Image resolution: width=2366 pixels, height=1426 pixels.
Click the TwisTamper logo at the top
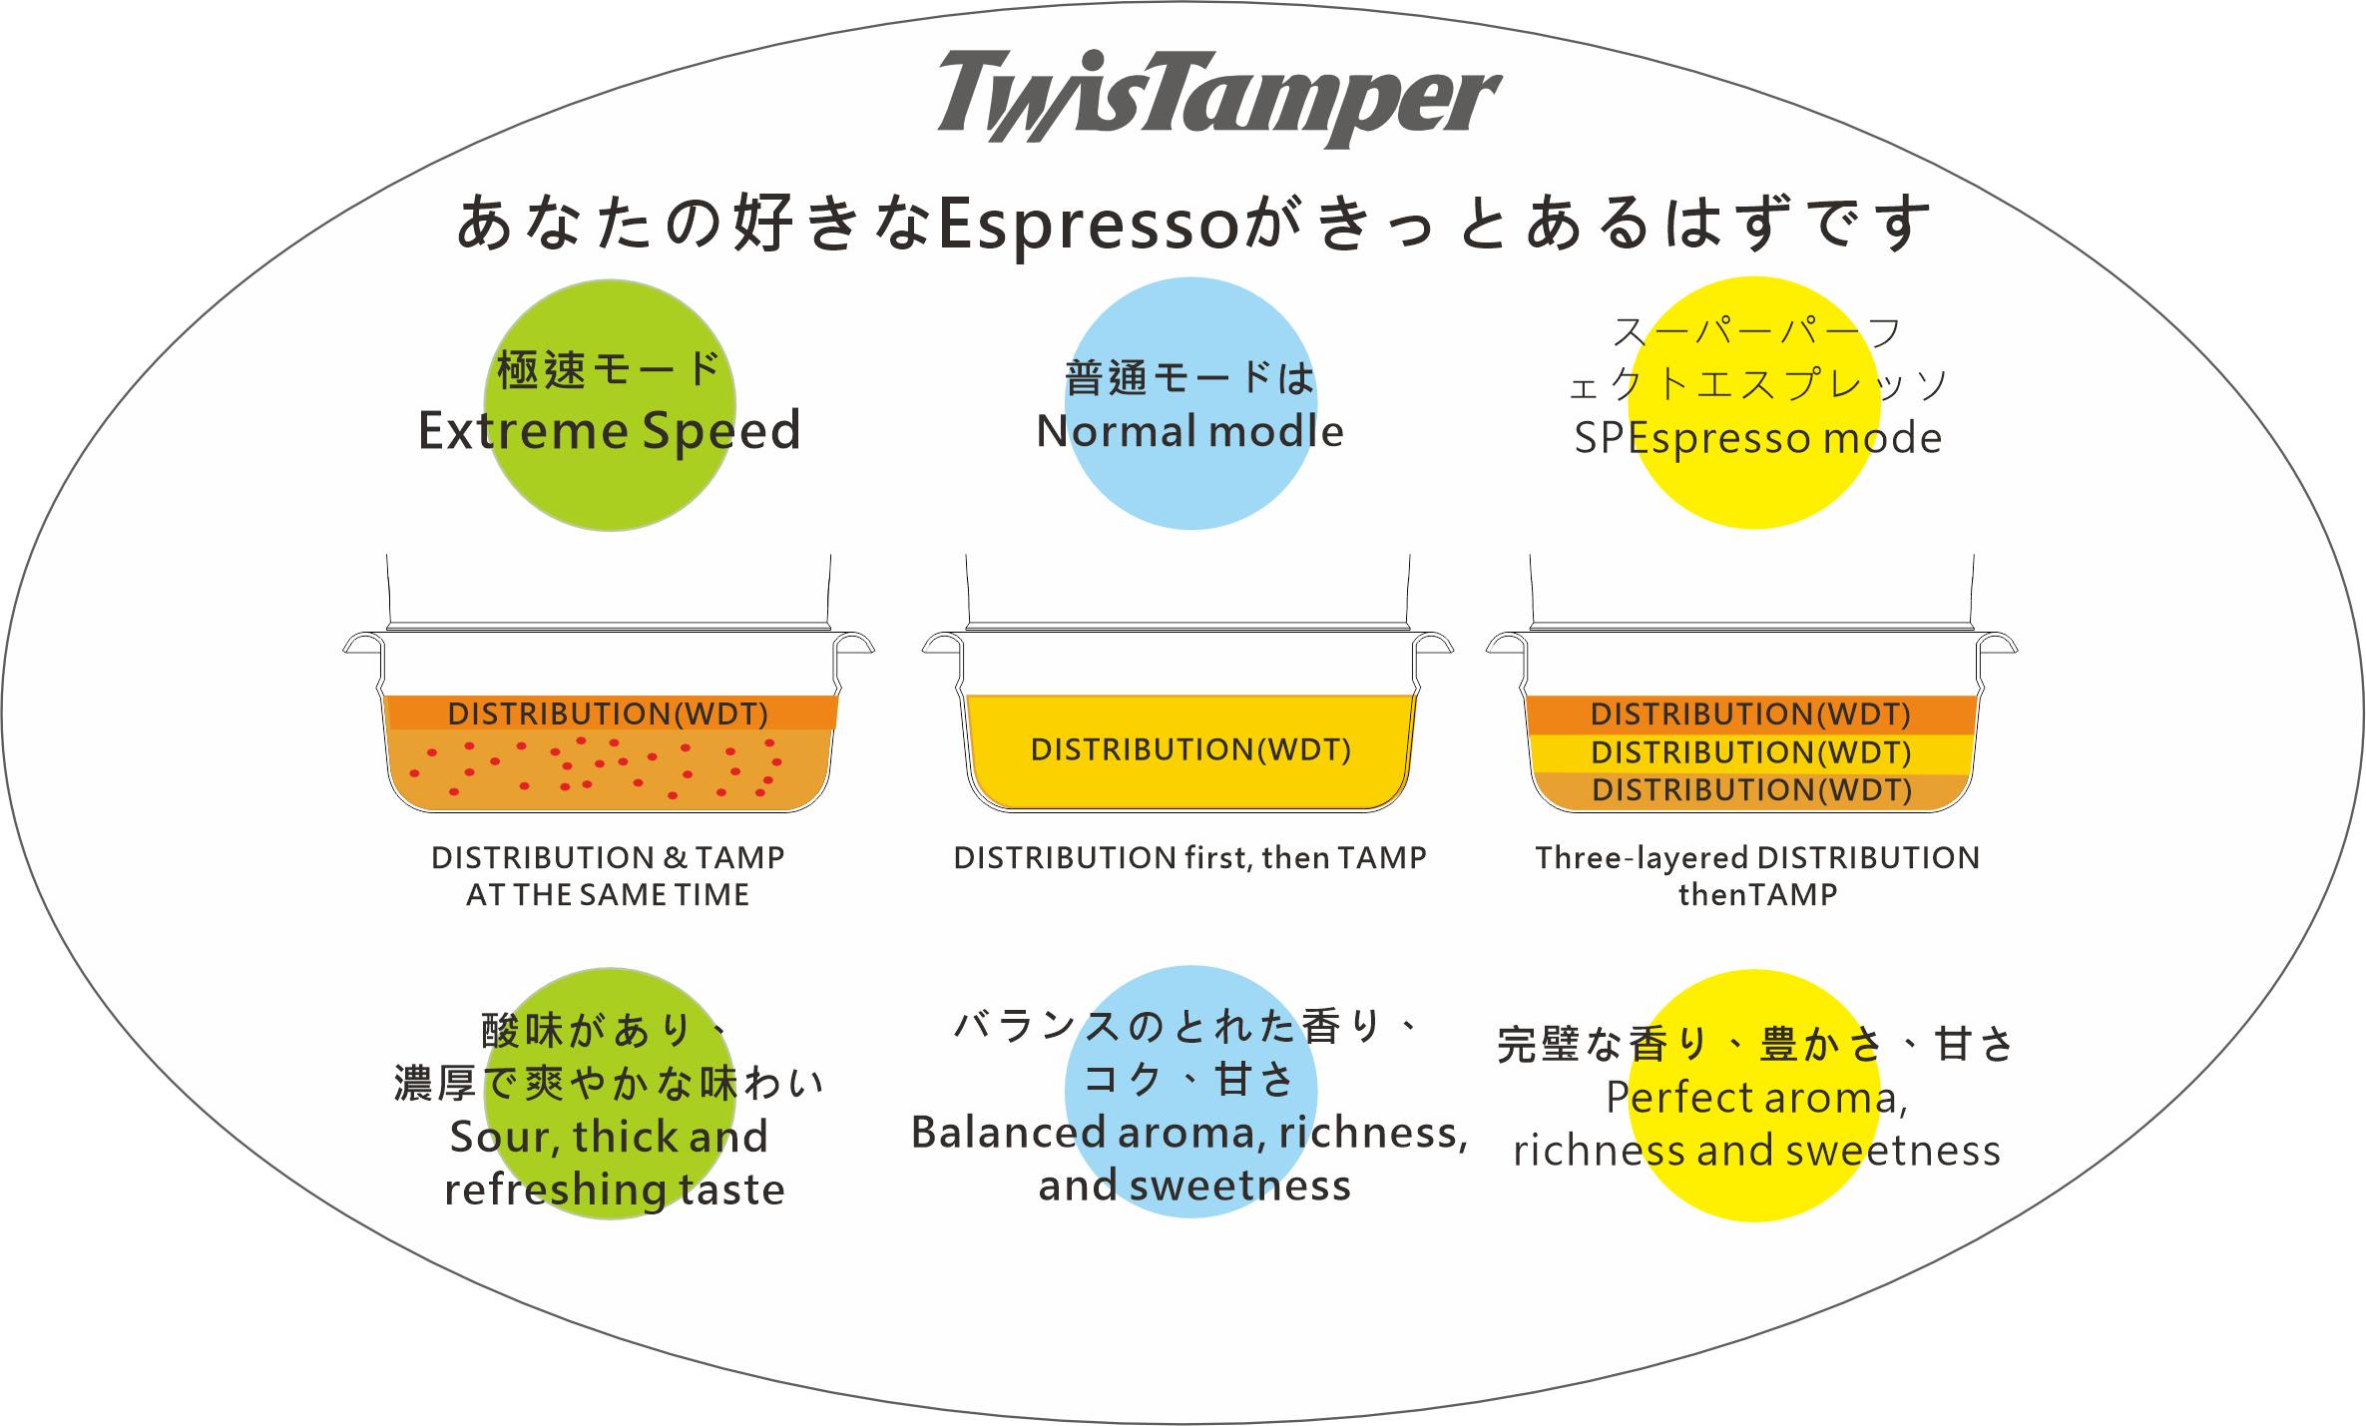1218,98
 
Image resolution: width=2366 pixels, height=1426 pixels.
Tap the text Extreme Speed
609,431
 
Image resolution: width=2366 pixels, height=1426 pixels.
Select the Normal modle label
1189,432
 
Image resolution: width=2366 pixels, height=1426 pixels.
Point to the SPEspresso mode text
1757,439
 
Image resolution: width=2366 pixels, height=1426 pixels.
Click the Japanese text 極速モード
609,369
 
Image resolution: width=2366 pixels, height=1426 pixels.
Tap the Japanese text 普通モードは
1189,377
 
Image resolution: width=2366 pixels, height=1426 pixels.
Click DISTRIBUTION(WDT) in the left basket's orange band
608,713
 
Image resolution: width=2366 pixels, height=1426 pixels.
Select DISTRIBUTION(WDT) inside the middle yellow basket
1190,749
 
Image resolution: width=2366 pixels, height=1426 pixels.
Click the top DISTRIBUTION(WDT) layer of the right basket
1750,714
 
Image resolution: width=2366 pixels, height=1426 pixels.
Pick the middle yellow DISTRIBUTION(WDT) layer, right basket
1750,752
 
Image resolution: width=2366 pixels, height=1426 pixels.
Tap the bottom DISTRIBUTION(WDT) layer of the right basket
1751,790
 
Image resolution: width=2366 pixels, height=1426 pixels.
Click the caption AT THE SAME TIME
608,895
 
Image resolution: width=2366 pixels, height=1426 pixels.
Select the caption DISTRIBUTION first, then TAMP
1189,858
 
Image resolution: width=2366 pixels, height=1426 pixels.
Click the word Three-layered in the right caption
1642,858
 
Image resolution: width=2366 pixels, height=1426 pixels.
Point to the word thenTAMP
1757,895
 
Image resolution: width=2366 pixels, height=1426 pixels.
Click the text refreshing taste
615,1189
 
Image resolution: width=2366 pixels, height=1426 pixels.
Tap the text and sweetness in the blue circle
1194,1186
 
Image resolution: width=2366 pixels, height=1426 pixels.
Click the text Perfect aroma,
1756,1098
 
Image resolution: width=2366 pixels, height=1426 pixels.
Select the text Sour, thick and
609,1137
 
